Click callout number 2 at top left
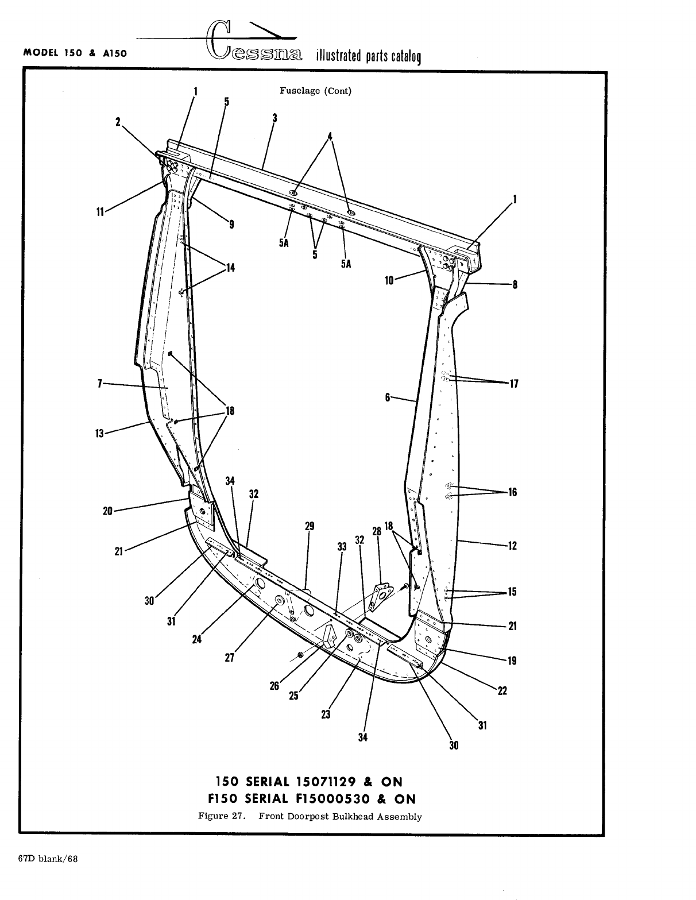coord(118,122)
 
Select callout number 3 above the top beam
coord(275,118)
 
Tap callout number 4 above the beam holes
coord(330,137)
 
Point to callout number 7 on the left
coord(99,384)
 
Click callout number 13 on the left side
coord(99,433)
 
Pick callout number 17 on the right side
coord(513,384)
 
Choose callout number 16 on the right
coord(512,492)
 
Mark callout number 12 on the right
coord(513,546)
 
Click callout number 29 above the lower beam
coord(310,526)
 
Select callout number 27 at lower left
coord(229,658)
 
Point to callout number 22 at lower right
coord(502,691)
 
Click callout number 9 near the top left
coord(231,225)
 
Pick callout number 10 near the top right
coord(390,281)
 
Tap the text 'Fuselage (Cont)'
coord(315,91)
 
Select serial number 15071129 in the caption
coord(325,782)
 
